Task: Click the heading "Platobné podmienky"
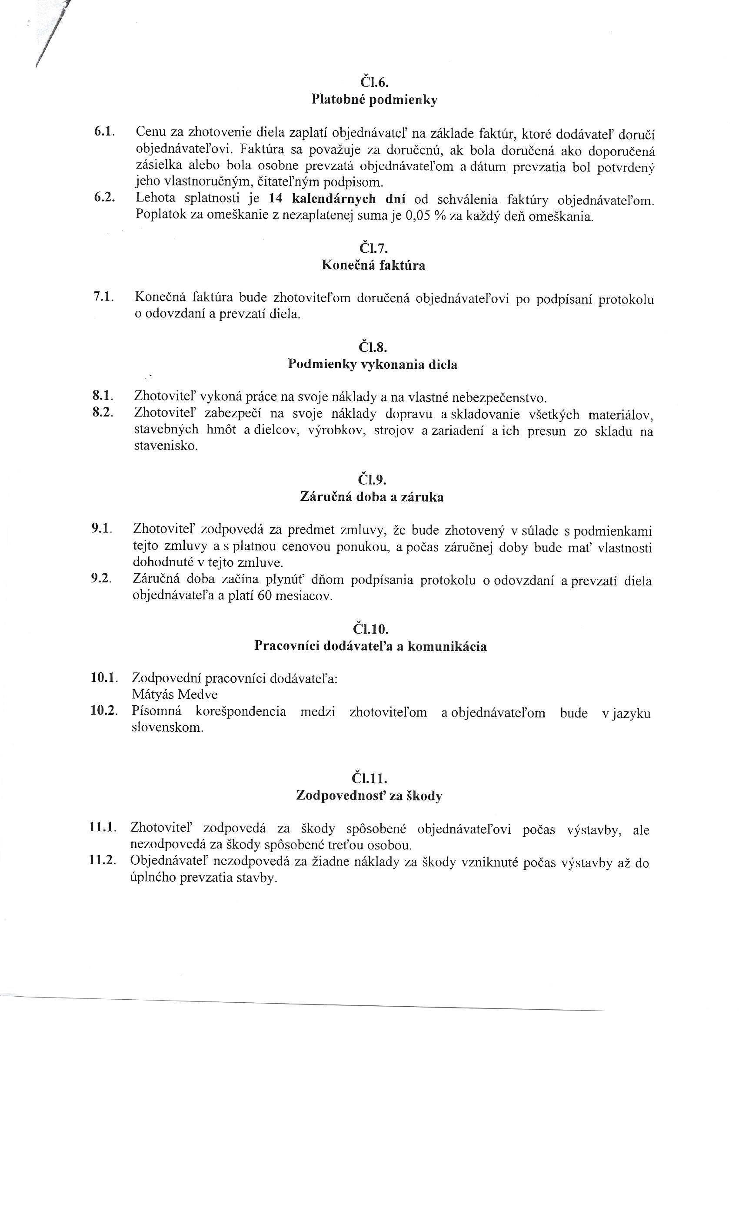(374, 100)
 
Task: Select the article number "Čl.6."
(374, 82)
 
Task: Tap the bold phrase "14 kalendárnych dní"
(336, 199)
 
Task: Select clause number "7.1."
(104, 297)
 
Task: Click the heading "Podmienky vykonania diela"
(373, 365)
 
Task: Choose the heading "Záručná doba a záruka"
(372, 497)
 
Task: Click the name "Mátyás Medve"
(175, 694)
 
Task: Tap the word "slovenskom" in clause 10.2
(167, 727)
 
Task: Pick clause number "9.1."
(102, 528)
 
